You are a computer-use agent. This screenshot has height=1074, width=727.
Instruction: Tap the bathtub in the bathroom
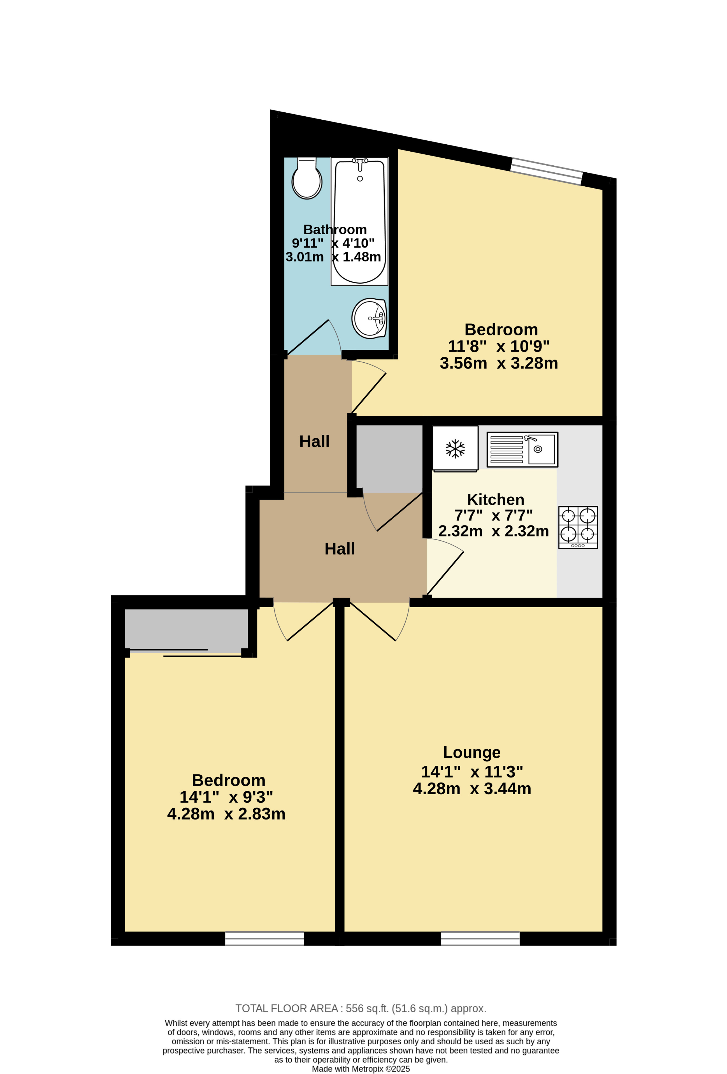coord(359,221)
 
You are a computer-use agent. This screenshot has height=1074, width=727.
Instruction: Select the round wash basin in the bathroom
coord(369,318)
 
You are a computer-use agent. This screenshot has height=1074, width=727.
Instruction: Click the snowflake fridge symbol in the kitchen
coord(455,449)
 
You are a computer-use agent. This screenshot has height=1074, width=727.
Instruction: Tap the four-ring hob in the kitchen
coord(578,527)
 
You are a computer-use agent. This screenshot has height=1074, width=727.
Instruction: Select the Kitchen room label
coord(496,499)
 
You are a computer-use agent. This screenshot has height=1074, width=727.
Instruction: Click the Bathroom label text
coord(335,229)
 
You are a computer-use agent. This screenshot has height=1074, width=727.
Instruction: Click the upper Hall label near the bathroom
coord(314,441)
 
